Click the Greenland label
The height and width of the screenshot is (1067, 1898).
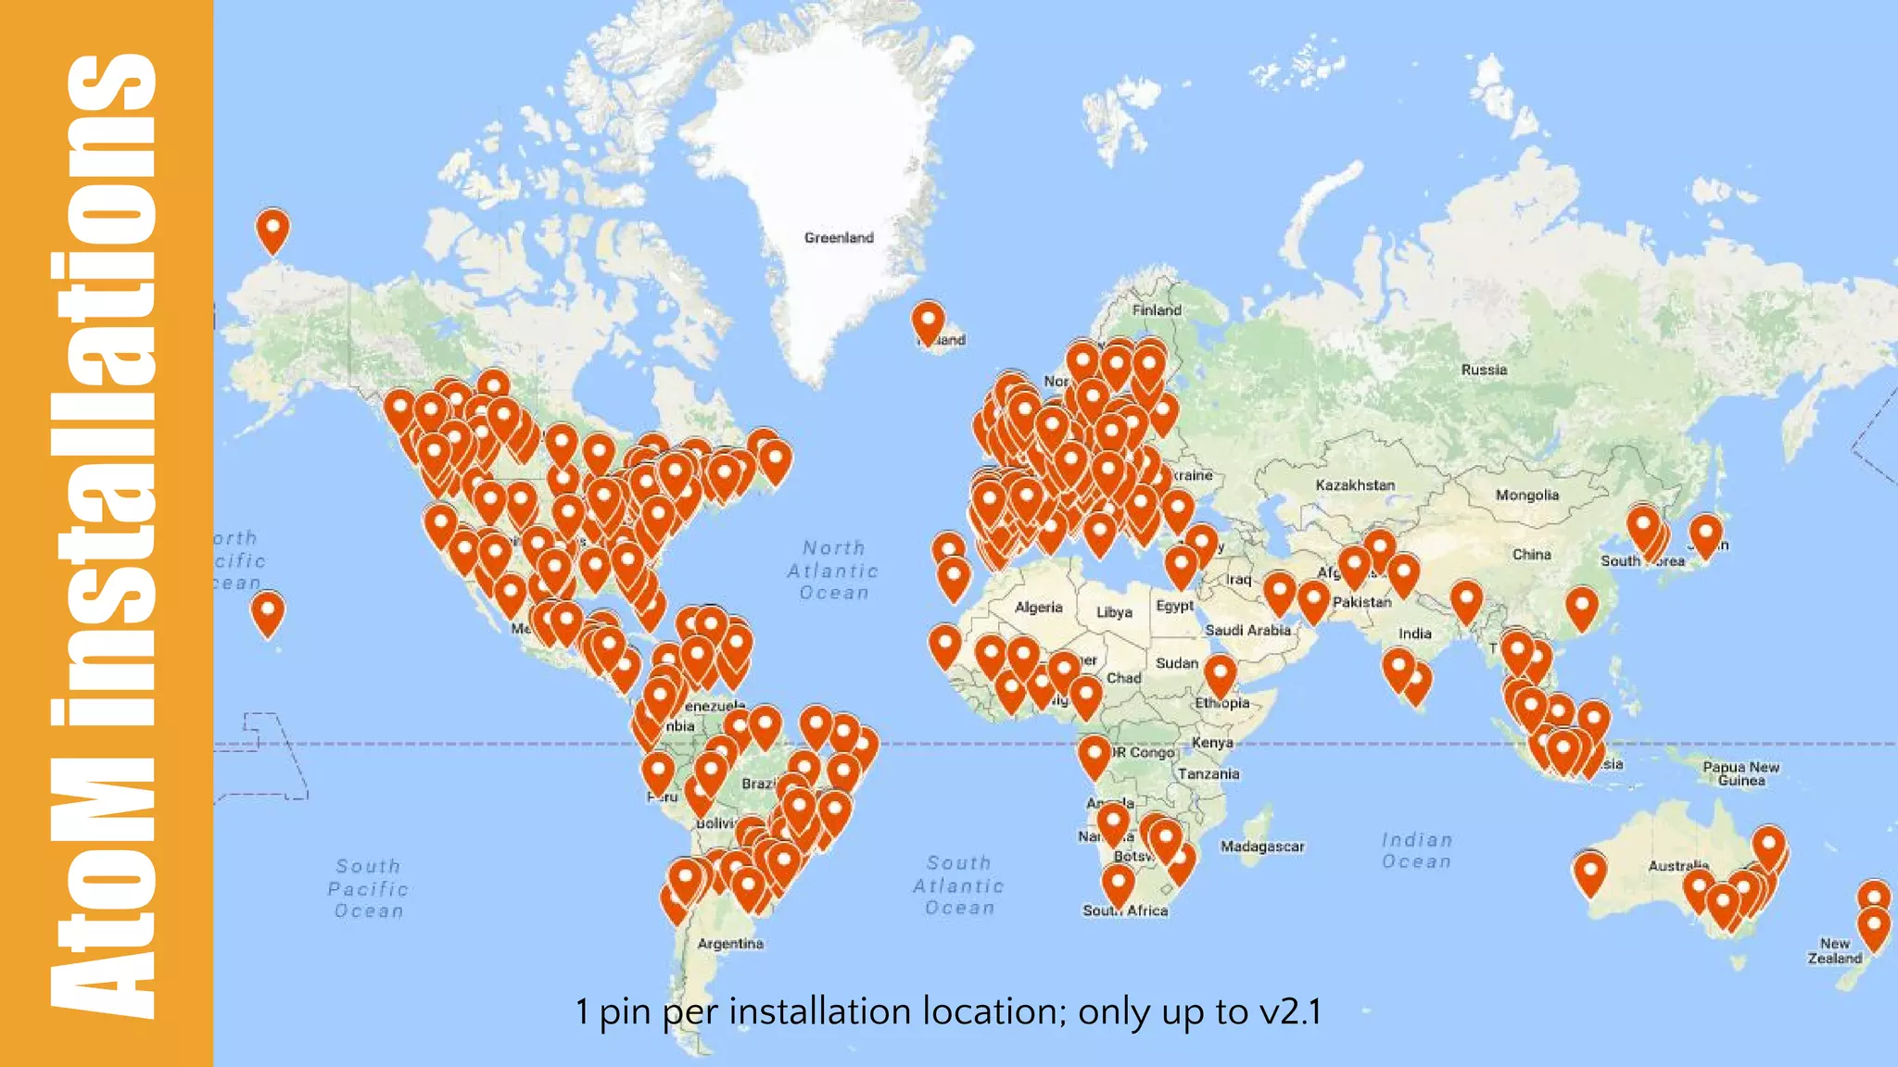[839, 238]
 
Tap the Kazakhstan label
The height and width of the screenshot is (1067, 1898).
[1355, 485]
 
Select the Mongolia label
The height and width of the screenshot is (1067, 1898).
[1526, 496]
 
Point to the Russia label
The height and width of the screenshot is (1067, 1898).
[1484, 370]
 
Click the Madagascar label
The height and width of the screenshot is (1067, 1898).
[1261, 847]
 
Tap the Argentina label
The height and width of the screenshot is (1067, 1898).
[730, 944]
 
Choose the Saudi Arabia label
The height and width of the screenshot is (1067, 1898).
[1247, 630]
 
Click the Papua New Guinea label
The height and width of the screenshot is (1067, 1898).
[1740, 773]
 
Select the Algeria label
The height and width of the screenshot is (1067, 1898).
[1038, 608]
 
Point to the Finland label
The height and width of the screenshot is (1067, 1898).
[1157, 310]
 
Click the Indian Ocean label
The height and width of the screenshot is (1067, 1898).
[1416, 850]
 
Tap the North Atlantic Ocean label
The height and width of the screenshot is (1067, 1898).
[833, 571]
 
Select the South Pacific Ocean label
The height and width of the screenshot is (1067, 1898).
[368, 888]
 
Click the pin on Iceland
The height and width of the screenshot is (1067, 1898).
[928, 320]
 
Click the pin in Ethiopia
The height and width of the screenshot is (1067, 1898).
[1220, 673]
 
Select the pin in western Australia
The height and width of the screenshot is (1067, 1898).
[1589, 872]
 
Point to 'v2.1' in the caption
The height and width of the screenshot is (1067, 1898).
[1290, 1012]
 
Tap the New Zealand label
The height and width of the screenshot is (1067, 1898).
[1834, 951]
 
